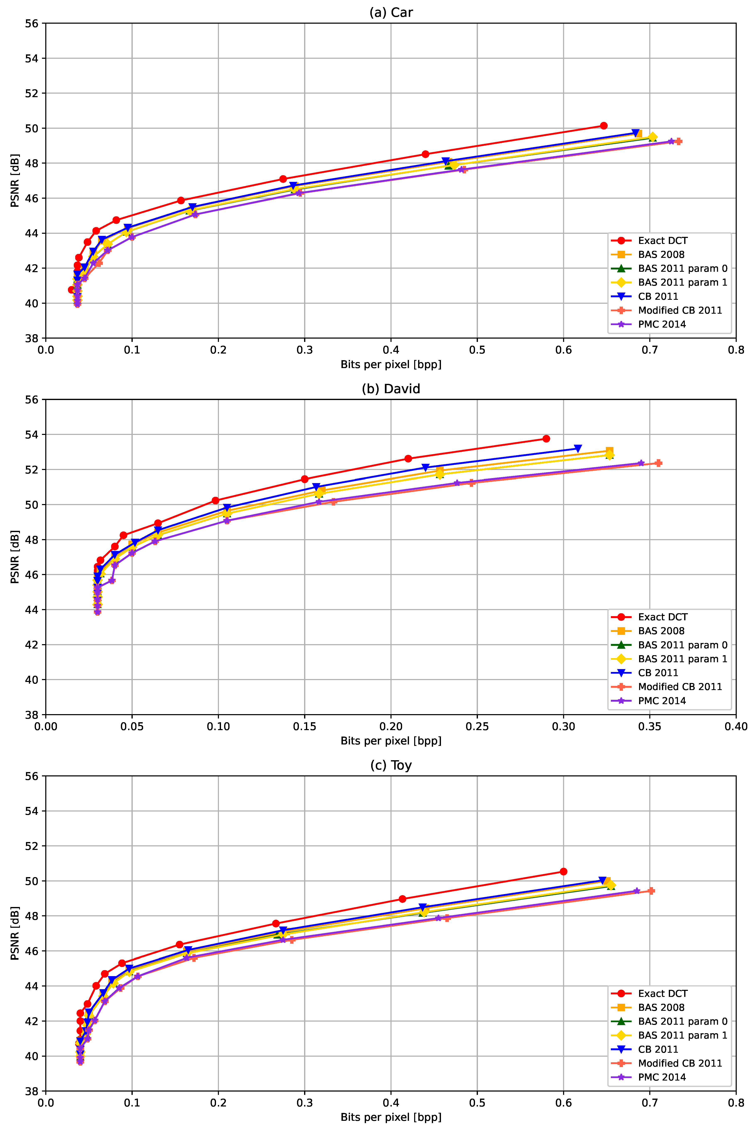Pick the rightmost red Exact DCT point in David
point(546,438)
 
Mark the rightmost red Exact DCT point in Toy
point(563,871)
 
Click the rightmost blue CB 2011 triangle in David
point(578,448)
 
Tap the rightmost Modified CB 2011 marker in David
point(658,463)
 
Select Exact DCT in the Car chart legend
point(663,241)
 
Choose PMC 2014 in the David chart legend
point(662,701)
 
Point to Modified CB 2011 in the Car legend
point(680,310)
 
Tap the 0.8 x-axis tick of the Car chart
point(736,350)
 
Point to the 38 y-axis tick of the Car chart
point(32,338)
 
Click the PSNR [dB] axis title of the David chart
point(15,557)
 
